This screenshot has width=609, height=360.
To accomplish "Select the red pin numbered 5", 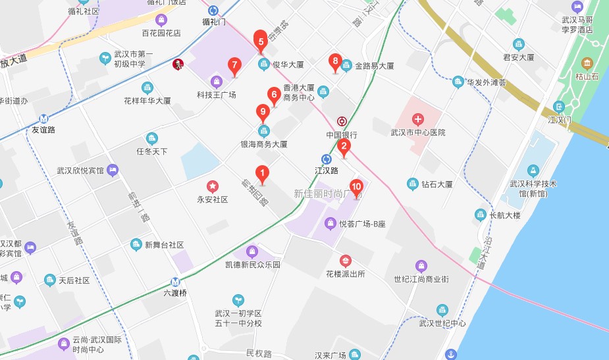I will (x=261, y=40).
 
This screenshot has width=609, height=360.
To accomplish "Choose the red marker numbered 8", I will (x=335, y=63).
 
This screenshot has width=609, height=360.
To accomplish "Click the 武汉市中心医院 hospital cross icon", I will (x=417, y=119).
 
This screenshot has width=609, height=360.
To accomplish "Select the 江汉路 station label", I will (x=327, y=170).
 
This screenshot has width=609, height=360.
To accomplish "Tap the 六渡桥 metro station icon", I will (x=174, y=280).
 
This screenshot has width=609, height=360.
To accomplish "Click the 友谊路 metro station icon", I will (x=44, y=119).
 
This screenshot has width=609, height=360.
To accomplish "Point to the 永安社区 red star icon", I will (x=212, y=186).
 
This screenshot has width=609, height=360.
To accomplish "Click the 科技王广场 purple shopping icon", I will (x=216, y=82).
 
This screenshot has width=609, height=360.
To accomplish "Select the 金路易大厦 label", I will (x=374, y=66).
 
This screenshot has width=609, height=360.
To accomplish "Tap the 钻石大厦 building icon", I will (x=413, y=184).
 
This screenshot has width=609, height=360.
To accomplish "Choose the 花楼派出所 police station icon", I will (x=346, y=261).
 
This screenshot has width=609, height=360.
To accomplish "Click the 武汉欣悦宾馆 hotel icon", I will (x=113, y=170).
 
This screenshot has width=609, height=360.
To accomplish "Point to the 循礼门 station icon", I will (x=213, y=11).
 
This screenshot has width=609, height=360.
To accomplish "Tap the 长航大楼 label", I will (x=506, y=215).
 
